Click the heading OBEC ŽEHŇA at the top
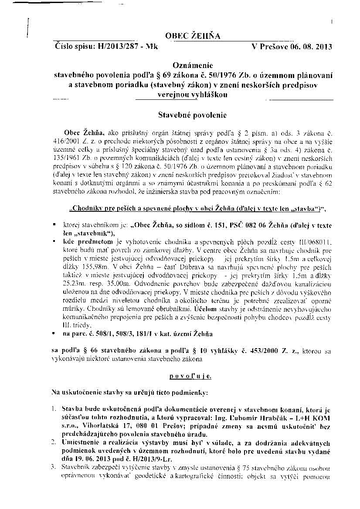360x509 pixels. pos(193,36)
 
